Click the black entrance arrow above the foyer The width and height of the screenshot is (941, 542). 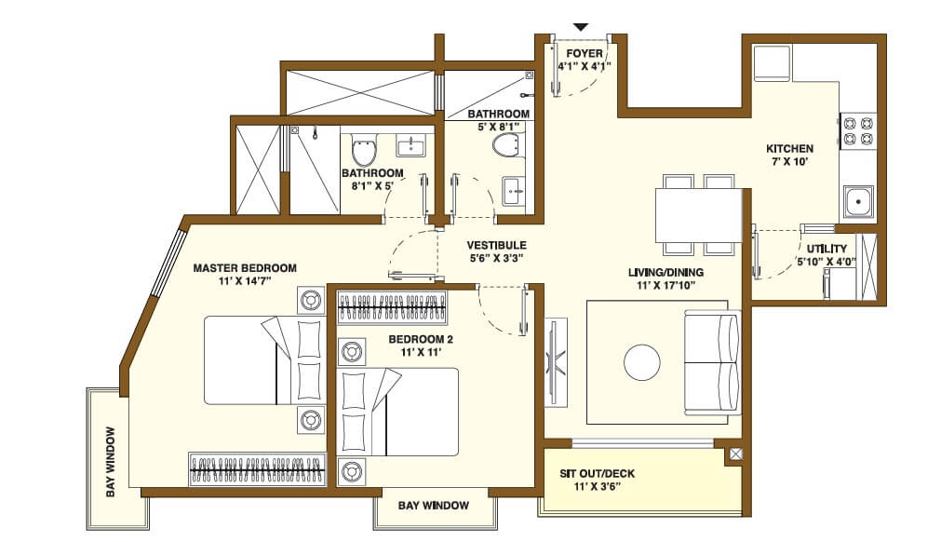coord(581,27)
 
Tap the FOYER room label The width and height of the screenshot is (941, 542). coord(585,53)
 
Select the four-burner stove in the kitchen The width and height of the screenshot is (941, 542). coord(858,130)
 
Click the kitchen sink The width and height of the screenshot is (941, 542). coord(857,200)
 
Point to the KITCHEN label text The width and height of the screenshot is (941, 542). coord(789,148)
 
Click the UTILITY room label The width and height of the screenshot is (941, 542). coord(826,249)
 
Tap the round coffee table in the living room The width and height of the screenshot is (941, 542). coord(642,362)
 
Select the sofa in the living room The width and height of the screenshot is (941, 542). coord(712,362)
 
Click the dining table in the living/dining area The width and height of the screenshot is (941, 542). coord(698,214)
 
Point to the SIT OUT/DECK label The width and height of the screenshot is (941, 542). coord(597,473)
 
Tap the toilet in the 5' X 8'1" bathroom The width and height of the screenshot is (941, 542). coord(505,144)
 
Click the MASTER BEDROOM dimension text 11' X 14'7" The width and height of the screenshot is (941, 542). coord(245,281)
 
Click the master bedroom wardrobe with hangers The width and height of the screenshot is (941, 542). coord(258,467)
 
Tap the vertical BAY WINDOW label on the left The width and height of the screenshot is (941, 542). coord(111,462)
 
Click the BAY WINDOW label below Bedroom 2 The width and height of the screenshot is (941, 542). coord(433,506)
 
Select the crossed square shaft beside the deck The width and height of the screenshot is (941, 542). coord(736,454)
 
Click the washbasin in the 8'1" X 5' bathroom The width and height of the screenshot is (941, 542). coord(410,146)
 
